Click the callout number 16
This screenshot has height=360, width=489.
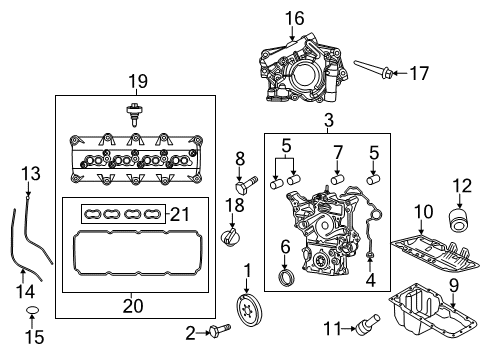point(294,17)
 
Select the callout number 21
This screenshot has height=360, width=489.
point(180,213)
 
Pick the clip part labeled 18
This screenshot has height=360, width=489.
point(229,236)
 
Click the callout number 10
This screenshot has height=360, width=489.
point(424,211)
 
